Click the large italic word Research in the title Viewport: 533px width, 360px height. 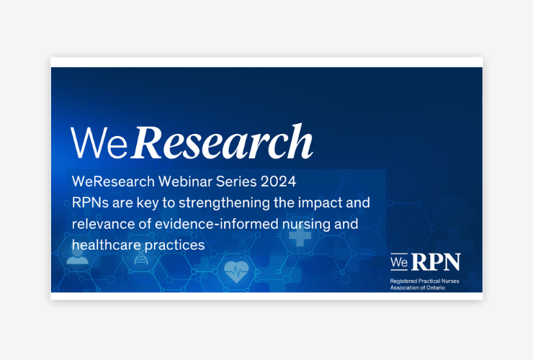pyautogui.click(x=223, y=142)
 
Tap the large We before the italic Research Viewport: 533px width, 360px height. pyautogui.click(x=99, y=143)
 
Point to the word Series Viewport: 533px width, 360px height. pyautogui.click(x=236, y=181)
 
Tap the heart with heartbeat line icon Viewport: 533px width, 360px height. pyautogui.click(x=236, y=271)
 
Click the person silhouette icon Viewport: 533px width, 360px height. pyautogui.click(x=77, y=256)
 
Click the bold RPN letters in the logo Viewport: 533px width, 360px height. pyautogui.click(x=436, y=262)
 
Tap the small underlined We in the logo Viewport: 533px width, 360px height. pyautogui.click(x=399, y=262)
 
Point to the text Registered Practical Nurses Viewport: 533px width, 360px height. pyautogui.click(x=424, y=281)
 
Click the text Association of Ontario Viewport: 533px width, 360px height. pyautogui.click(x=418, y=287)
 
